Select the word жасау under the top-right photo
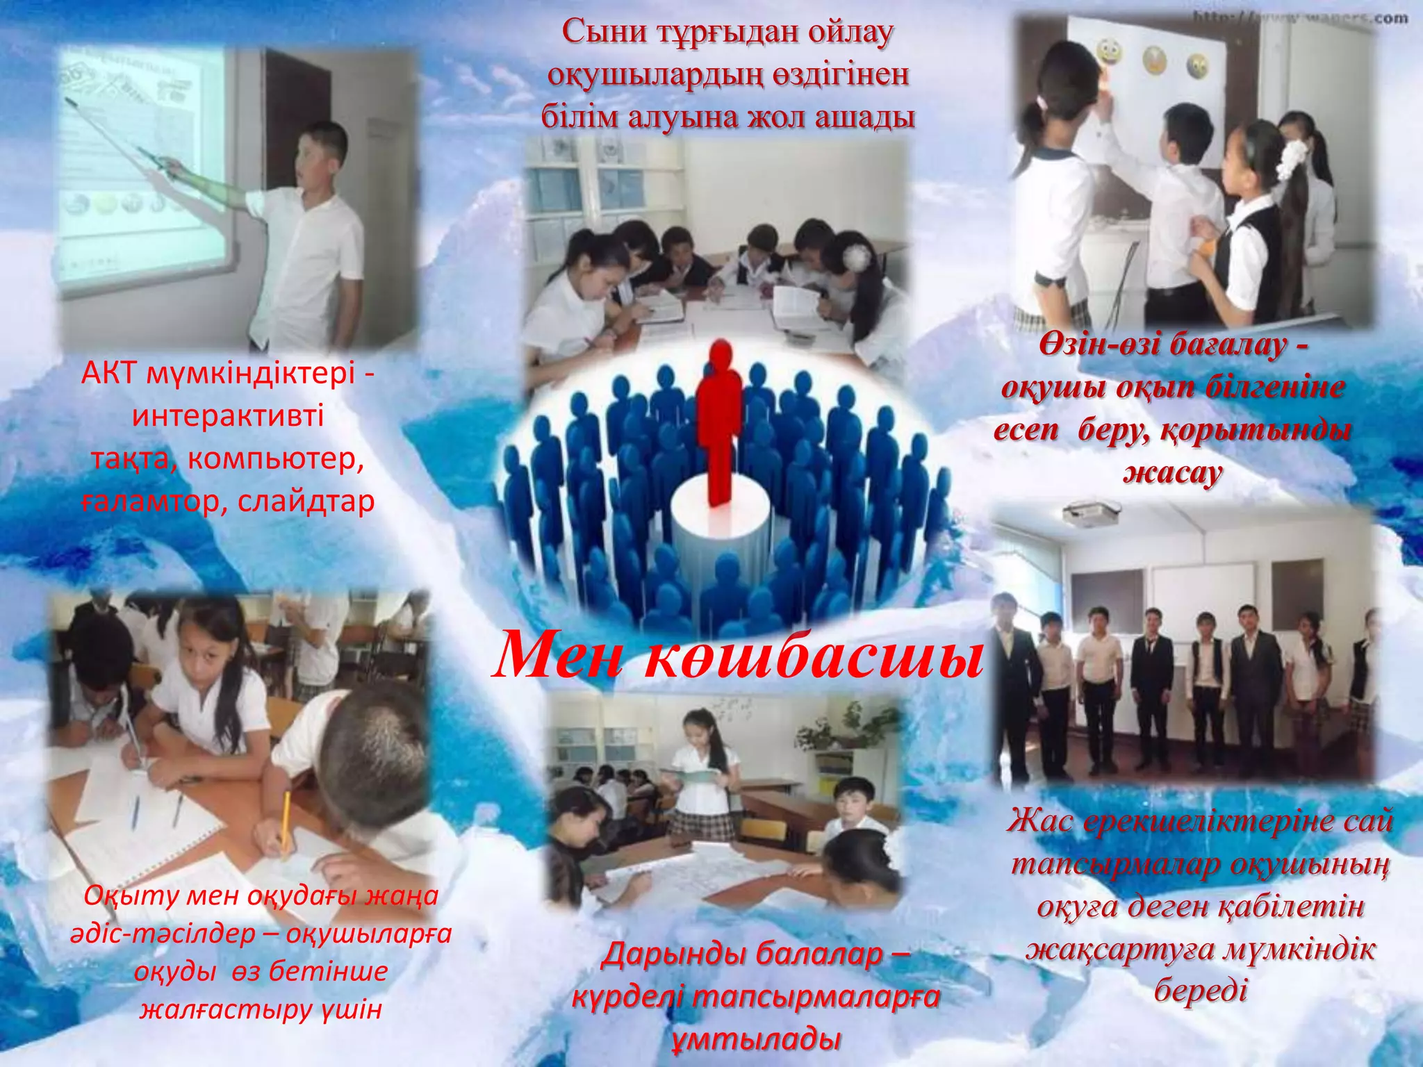pos(1173,473)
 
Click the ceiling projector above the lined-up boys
pos(1091,513)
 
